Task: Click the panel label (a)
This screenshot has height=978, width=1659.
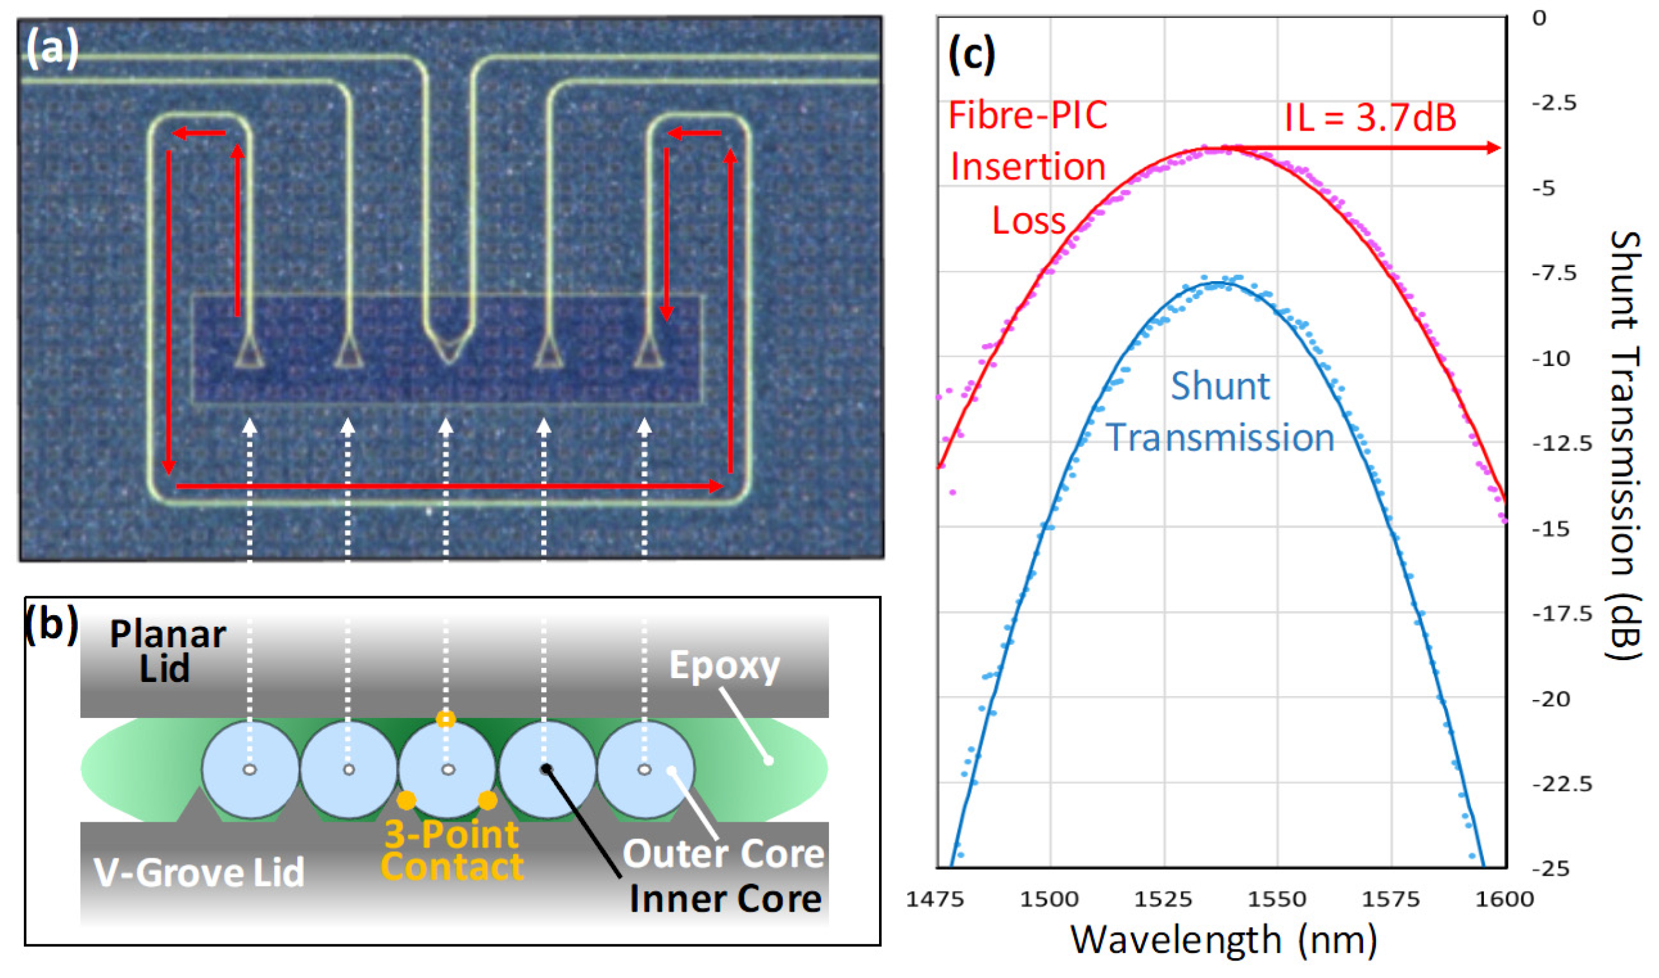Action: click(52, 49)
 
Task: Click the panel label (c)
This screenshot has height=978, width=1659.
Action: click(971, 55)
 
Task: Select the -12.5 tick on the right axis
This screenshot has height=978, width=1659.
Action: click(1561, 443)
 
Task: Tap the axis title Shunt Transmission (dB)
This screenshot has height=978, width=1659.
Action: click(1624, 445)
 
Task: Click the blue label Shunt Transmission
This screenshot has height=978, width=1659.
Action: click(1220, 412)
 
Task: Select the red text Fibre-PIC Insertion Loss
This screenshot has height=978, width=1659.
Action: click(1028, 168)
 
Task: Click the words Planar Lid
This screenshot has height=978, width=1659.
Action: click(167, 651)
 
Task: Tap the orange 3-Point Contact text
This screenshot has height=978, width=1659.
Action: click(452, 850)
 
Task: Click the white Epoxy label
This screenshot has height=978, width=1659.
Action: click(725, 666)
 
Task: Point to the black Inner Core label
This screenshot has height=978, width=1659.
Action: click(725, 899)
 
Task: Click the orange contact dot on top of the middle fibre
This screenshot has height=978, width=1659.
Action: click(446, 718)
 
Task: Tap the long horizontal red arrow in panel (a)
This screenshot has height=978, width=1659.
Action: click(448, 487)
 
